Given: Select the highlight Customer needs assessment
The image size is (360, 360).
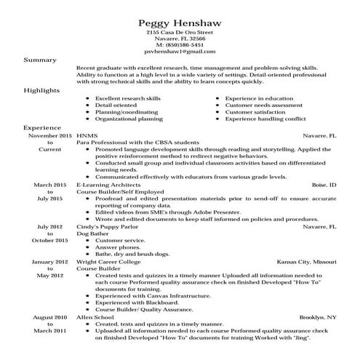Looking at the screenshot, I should click(x=263, y=105).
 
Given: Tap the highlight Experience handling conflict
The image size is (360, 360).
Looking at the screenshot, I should click(x=267, y=119).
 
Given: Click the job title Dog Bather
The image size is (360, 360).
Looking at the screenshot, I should click(x=92, y=233).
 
